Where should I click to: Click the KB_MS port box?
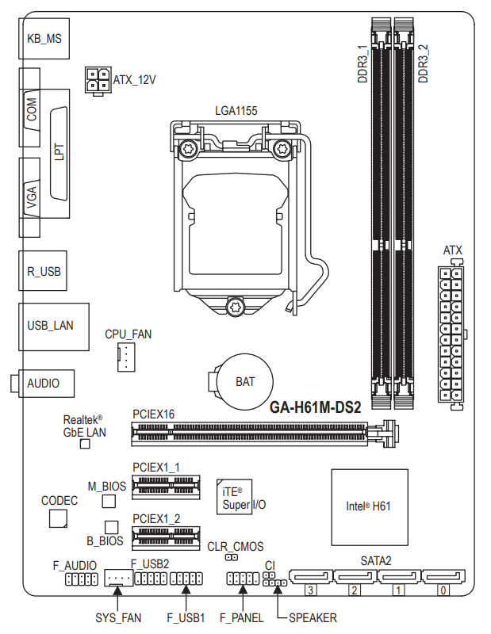(x=44, y=38)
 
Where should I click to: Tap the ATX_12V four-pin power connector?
(x=98, y=81)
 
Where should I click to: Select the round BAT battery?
(x=244, y=381)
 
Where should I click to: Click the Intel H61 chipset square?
(x=370, y=507)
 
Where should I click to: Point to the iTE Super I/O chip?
(x=234, y=497)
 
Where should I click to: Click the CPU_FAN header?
(x=126, y=357)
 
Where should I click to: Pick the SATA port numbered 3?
(x=310, y=577)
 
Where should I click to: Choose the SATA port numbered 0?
(x=443, y=577)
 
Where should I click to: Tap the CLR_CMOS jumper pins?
(x=232, y=557)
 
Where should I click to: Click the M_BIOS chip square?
(x=109, y=501)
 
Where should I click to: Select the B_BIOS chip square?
(x=111, y=527)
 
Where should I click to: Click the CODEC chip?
(x=58, y=518)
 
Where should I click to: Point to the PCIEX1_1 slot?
(x=166, y=487)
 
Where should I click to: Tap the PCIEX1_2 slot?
(x=166, y=538)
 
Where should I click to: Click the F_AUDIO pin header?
(x=82, y=579)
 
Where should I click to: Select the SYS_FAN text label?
(x=118, y=618)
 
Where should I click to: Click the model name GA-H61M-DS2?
(x=316, y=407)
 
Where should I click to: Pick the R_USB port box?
(x=43, y=270)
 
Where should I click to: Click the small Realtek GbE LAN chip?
(x=85, y=444)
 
